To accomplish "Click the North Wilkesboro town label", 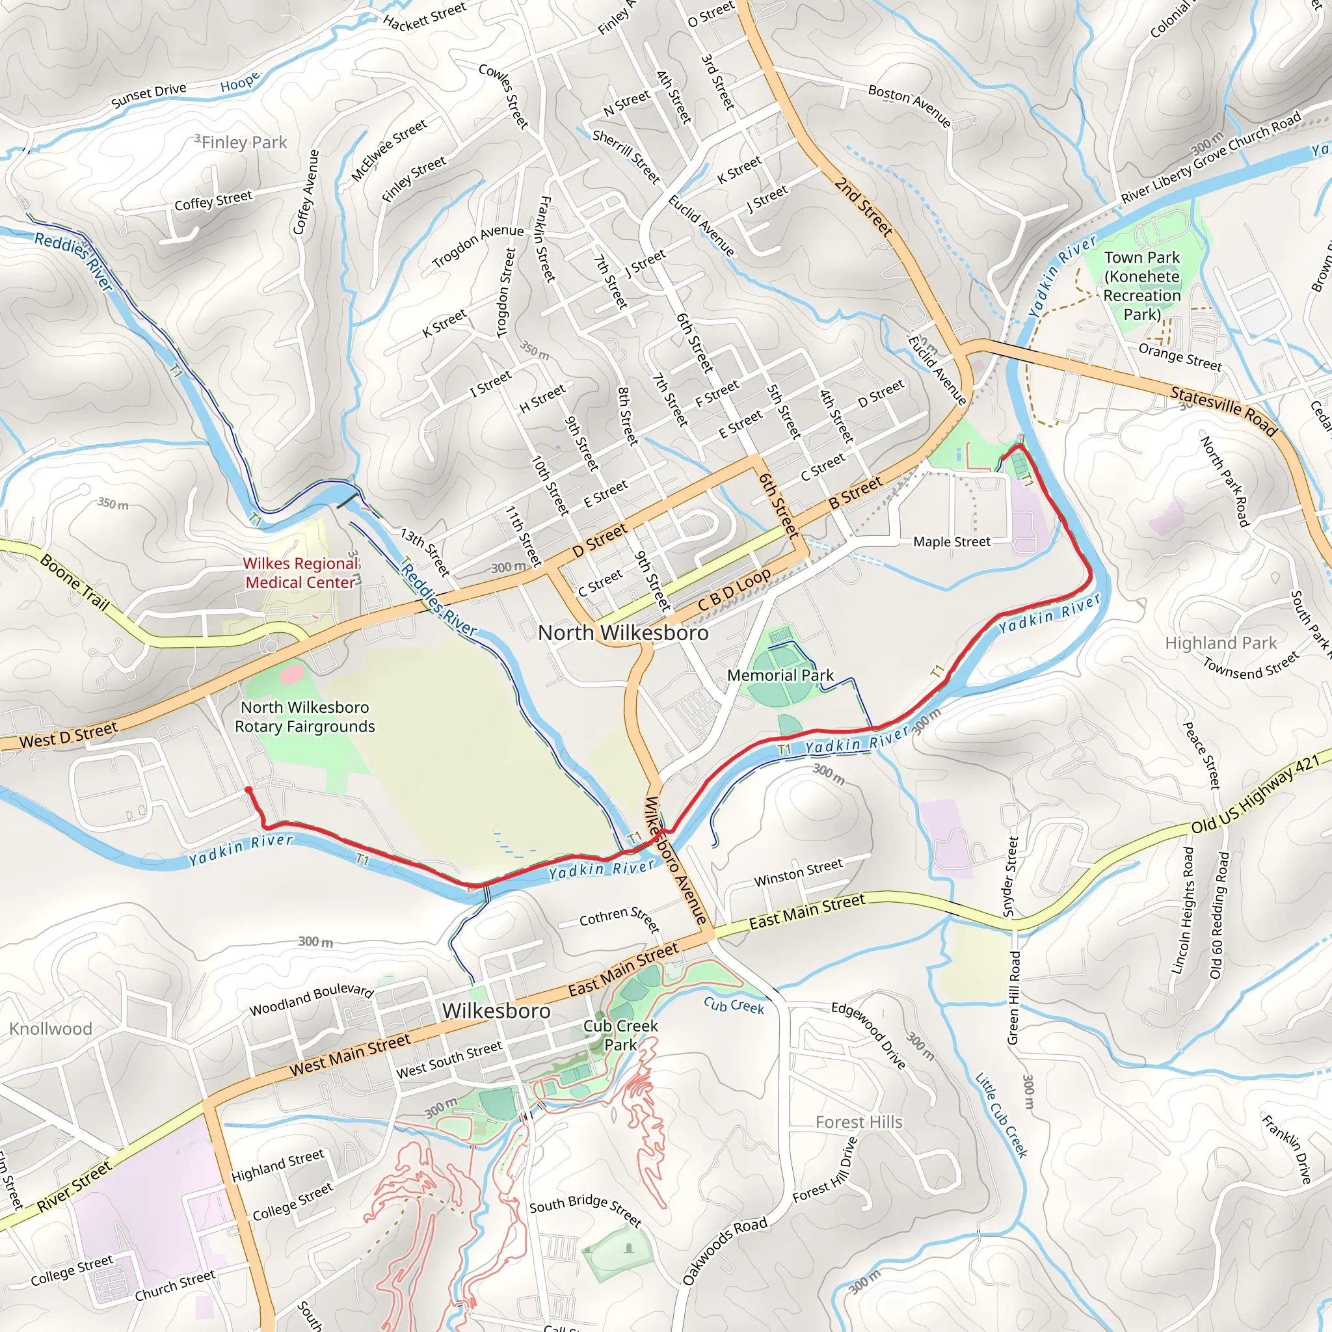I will point(622,632).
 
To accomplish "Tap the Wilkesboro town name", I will point(496,1011).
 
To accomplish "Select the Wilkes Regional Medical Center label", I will point(300,573).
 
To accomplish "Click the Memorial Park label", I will point(780,675).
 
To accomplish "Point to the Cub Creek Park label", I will point(620,1035).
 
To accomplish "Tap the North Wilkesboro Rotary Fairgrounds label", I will point(305,716).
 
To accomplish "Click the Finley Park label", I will point(243,142).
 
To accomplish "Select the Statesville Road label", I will point(1224,412).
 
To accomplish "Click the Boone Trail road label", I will point(74,583).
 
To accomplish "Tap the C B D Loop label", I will point(734,590).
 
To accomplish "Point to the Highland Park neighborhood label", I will point(1220,643).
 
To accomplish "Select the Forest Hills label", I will point(859,1122).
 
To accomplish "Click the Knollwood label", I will point(50,1029).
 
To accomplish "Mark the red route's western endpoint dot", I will point(248,790).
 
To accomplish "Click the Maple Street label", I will point(952,542).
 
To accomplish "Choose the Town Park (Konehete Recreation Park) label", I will point(1141,286).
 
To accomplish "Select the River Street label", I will point(73,1186).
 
